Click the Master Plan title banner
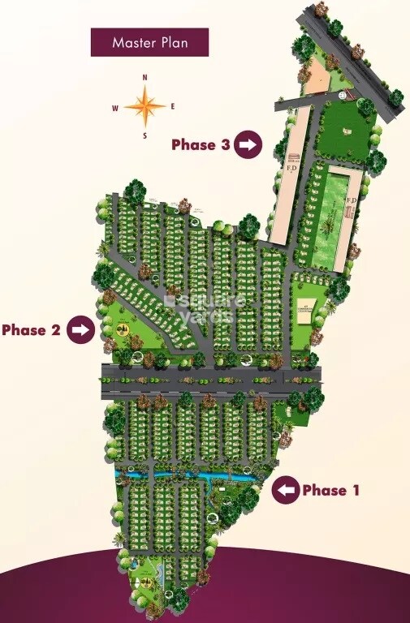[x=149, y=42]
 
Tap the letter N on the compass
[x=145, y=78]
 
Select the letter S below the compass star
[x=145, y=135]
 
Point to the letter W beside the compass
[x=115, y=107]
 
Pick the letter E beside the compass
[x=173, y=106]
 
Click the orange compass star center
[x=145, y=105]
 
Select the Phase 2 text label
[x=32, y=330]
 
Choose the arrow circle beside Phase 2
[x=80, y=330]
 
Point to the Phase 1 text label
[x=330, y=490]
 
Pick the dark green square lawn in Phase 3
[x=345, y=130]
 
